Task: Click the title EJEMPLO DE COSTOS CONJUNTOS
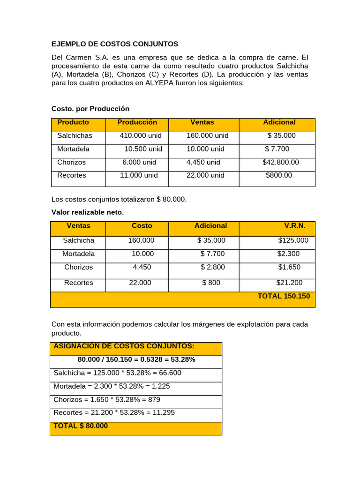115,44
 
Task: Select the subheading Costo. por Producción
90,109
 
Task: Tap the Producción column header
137,122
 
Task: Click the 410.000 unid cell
141,135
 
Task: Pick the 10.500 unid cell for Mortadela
143,149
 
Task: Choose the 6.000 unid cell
139,162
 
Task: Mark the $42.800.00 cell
280,162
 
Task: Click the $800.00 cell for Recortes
279,175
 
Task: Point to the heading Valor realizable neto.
87,212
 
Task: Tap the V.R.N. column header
295,225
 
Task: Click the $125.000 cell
293,240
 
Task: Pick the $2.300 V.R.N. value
289,254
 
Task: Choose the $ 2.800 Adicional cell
213,267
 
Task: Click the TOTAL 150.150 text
284,296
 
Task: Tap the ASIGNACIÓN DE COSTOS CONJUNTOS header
124,346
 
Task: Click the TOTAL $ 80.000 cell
81,426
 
